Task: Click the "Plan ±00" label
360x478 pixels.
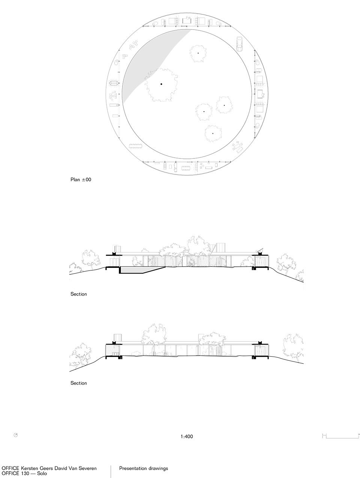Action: (x=81, y=180)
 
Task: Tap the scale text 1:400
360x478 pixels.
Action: (x=187, y=436)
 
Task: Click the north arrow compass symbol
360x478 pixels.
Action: (x=16, y=435)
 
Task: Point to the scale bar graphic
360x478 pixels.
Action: (x=340, y=436)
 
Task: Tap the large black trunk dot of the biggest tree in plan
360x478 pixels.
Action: (x=161, y=84)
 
